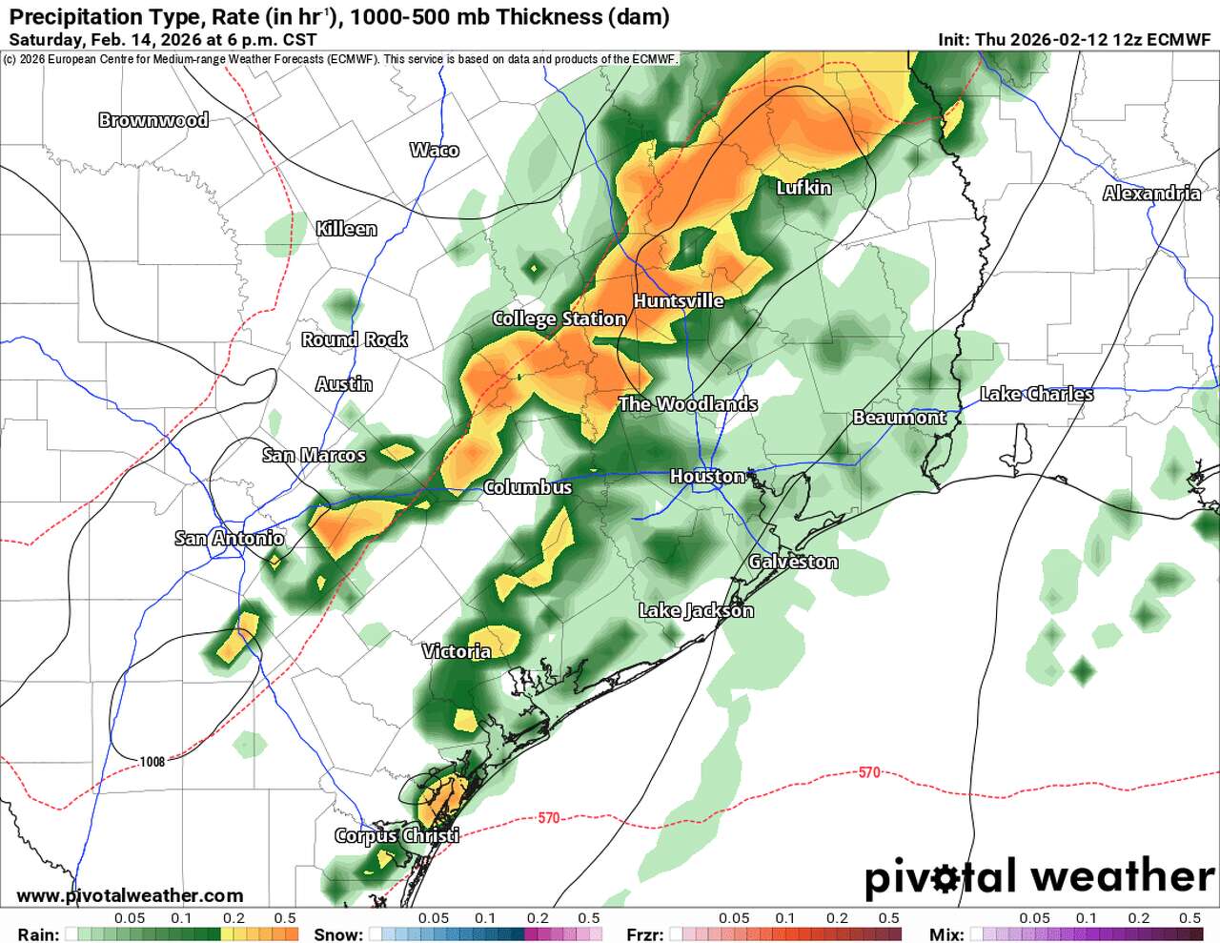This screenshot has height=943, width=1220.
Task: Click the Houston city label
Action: [707, 476]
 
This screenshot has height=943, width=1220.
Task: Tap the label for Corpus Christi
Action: [396, 835]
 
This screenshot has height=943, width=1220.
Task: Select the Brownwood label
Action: [153, 120]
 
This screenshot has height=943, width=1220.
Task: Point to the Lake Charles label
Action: [1037, 394]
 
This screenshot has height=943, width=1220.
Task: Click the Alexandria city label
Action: [1151, 194]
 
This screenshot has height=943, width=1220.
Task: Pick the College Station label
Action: [559, 318]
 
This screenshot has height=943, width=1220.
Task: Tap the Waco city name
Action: [434, 150]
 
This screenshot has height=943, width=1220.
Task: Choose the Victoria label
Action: [457, 651]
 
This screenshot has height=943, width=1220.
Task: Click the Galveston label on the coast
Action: [793, 562]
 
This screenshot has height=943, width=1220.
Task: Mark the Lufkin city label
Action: [803, 188]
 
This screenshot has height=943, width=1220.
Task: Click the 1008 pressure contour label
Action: [152, 761]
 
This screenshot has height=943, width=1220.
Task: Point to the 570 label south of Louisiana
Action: [869, 772]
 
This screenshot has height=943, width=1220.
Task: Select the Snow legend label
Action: [338, 934]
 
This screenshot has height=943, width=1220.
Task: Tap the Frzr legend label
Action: [644, 934]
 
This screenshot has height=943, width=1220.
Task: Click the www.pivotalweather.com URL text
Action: [130, 895]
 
